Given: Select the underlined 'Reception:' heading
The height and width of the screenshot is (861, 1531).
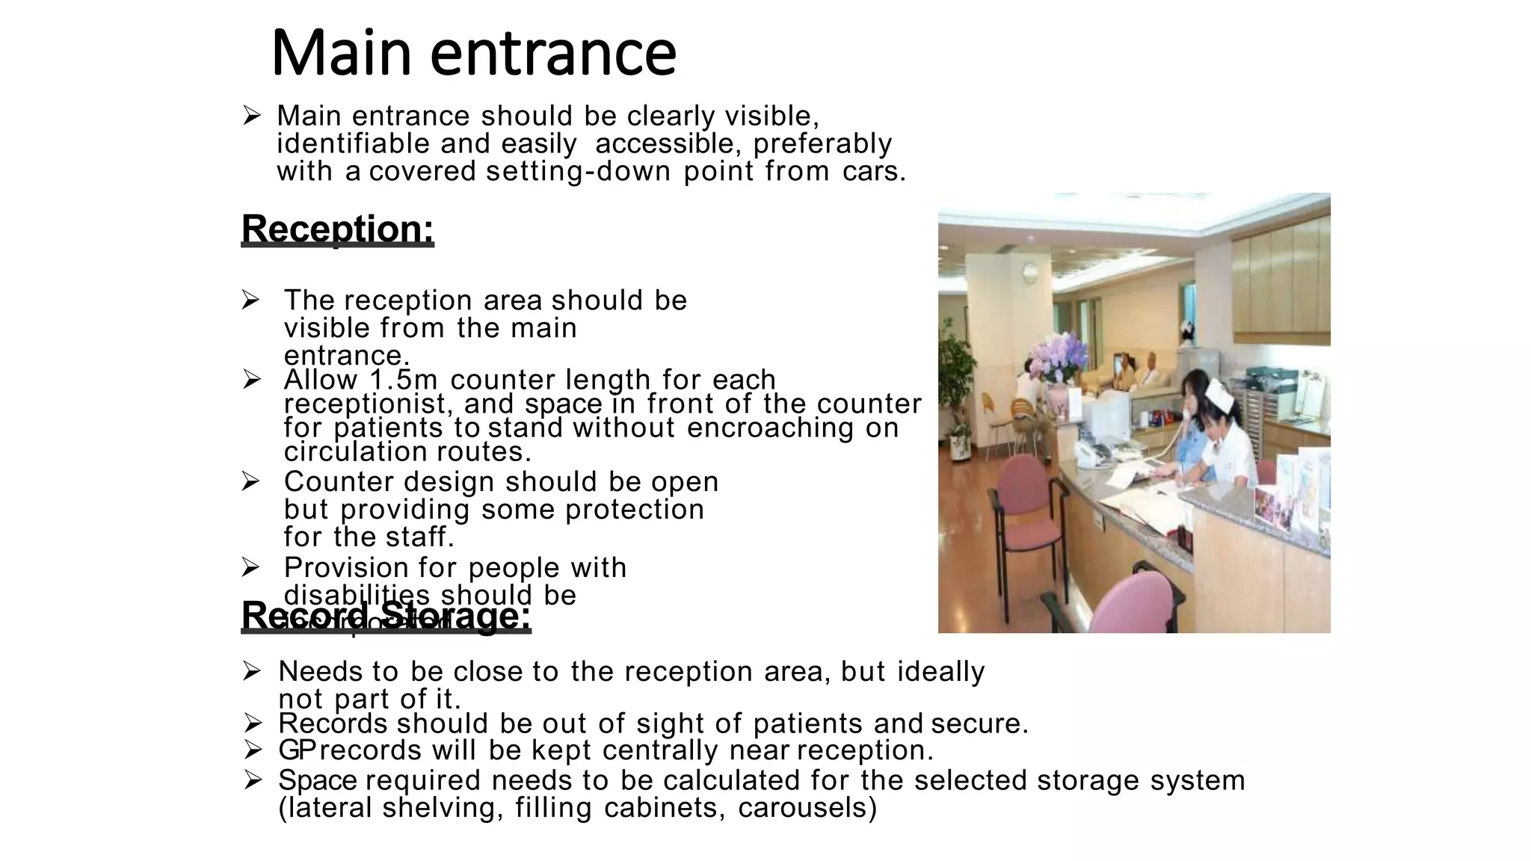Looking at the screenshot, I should pos(337,229).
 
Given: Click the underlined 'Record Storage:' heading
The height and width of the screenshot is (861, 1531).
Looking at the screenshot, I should pos(386,616).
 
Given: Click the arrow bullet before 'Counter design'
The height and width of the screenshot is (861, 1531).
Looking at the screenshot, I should pos(251,482).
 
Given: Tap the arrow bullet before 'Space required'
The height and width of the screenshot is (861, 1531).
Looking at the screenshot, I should pos(253,780).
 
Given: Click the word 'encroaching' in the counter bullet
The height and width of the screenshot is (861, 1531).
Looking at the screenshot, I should pos(770,428).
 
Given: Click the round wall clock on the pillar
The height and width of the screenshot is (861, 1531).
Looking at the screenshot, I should pos(1030,272).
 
